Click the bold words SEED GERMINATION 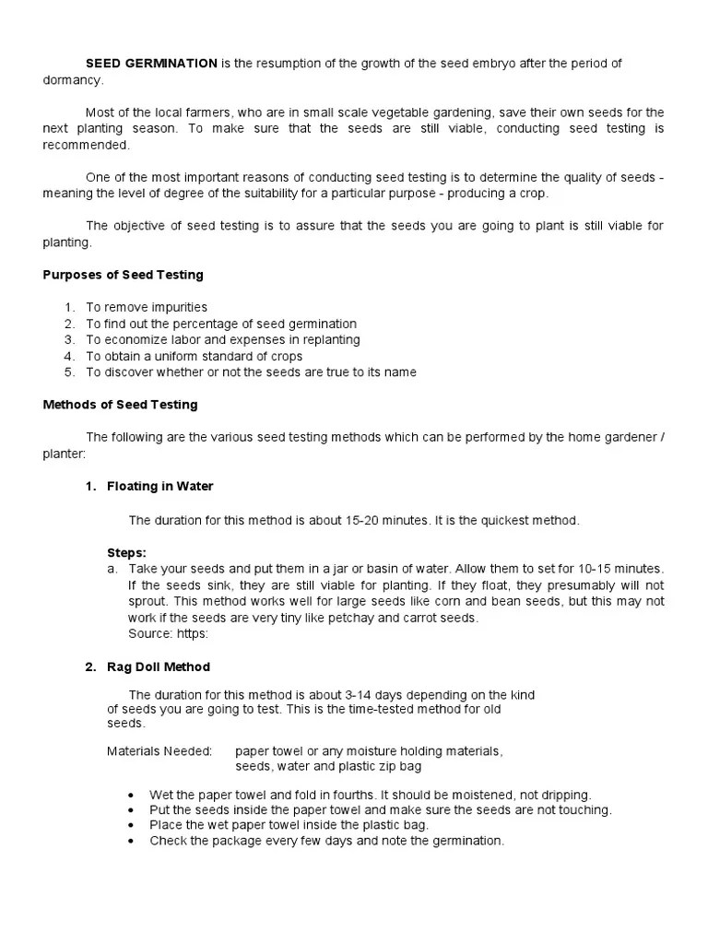[x=151, y=63]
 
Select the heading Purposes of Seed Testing [x=124, y=275]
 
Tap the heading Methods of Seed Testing [x=121, y=405]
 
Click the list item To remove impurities [x=147, y=307]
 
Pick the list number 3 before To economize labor [x=68, y=340]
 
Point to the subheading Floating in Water [x=159, y=486]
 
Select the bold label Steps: [x=126, y=552]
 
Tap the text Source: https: [x=169, y=634]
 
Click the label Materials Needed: [x=159, y=751]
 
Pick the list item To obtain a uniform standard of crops [x=194, y=356]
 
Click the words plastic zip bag [x=374, y=766]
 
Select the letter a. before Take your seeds [x=112, y=569]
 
